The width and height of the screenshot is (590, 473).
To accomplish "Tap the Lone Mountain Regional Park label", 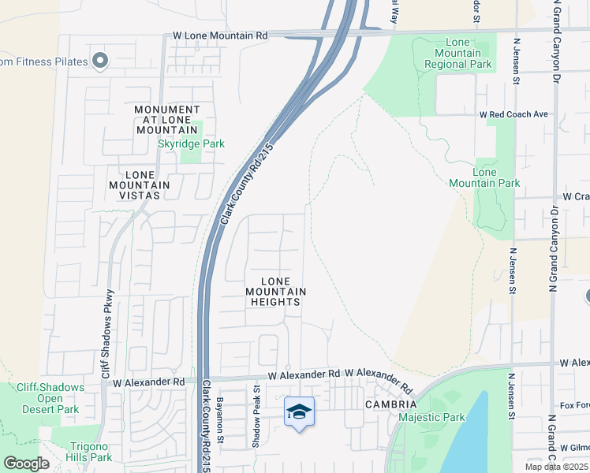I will pos(469,53).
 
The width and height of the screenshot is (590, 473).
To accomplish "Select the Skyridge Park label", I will pos(191,143).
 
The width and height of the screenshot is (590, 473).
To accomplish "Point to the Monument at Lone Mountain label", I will pos(166,119).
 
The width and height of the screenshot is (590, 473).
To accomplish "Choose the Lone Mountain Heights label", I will pos(274,291).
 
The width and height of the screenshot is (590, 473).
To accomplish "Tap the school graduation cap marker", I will pos(299,412).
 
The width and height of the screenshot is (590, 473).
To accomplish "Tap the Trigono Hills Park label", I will pos(84,451).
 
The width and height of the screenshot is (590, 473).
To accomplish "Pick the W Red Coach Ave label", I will pos(513,114).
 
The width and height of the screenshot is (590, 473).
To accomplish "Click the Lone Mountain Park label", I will pos(484,177).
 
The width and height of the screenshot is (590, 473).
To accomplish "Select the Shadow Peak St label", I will pos(256,417).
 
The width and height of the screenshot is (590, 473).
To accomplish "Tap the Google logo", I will pos(26,463).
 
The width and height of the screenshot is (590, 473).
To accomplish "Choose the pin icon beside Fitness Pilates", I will pos(99,61).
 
